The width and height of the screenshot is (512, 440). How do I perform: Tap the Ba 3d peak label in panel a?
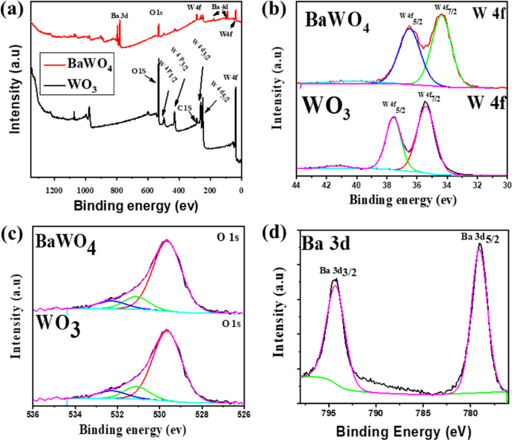pos(119,14)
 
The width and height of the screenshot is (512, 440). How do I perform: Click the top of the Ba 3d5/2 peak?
pos(479,244)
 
